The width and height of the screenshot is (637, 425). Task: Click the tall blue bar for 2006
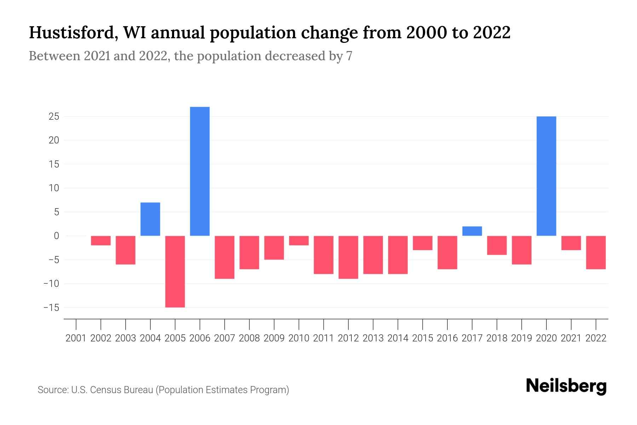click(200, 171)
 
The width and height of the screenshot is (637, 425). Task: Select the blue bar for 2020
click(546, 176)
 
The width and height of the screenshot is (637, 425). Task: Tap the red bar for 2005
click(175, 271)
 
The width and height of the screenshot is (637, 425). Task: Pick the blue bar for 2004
click(150, 219)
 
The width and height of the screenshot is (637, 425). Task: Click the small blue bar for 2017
click(472, 231)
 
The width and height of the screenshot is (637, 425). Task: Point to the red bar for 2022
click(596, 252)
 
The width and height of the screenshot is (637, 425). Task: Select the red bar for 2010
click(299, 240)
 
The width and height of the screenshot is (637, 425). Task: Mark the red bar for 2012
click(348, 257)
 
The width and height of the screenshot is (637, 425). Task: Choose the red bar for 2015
click(422, 243)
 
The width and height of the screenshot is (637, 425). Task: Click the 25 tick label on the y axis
click(54, 117)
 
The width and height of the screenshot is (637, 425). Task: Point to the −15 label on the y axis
click(51, 307)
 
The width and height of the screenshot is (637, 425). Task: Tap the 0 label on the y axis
click(56, 236)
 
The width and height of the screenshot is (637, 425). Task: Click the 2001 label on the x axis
click(76, 338)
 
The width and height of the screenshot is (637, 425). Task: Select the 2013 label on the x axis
click(373, 338)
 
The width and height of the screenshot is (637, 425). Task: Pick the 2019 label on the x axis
click(521, 338)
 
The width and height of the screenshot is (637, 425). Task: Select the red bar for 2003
click(126, 250)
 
